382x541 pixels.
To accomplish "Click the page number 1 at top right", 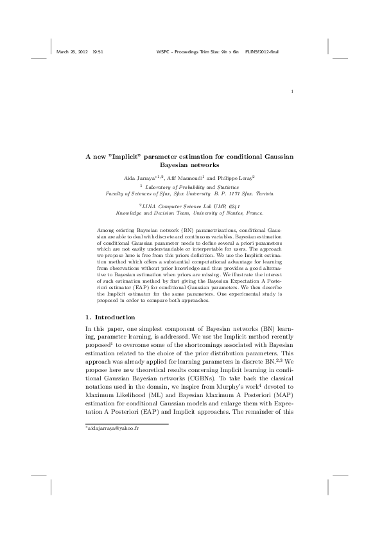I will tap(292, 91).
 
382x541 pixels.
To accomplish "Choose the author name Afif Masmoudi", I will tap(186, 175).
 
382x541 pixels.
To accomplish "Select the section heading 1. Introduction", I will tap(110, 317).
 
